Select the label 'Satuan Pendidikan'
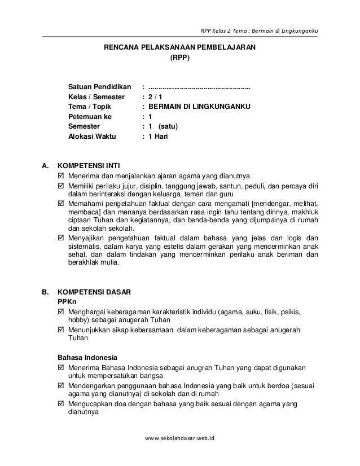(x=99, y=88)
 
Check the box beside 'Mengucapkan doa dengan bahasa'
(x=62, y=403)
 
